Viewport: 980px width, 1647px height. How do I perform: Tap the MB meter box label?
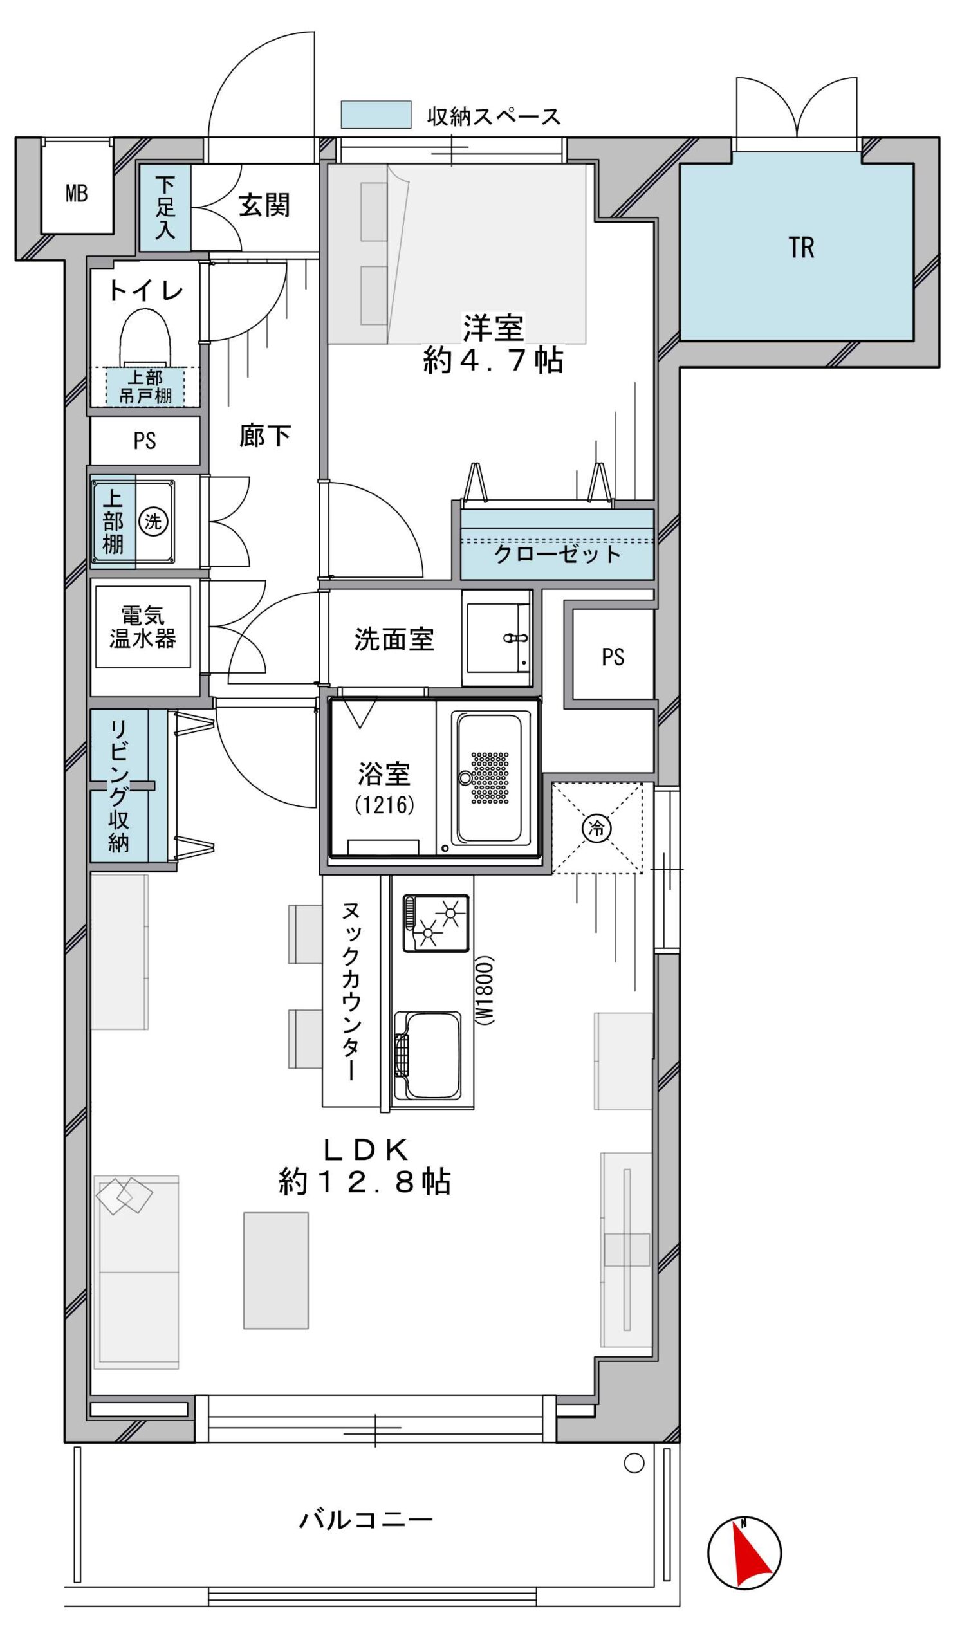(77, 194)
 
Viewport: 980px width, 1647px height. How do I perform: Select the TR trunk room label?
(801, 248)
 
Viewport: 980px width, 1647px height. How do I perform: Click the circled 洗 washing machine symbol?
(153, 522)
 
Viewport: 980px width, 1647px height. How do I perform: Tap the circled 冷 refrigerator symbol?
(597, 827)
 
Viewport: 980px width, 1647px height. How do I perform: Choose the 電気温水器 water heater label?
(143, 627)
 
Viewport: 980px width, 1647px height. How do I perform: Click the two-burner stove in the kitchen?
(436, 923)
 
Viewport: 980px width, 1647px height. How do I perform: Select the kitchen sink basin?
(428, 1058)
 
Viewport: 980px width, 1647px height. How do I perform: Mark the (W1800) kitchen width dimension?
(485, 989)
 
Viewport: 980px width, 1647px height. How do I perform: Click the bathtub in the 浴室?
(489, 778)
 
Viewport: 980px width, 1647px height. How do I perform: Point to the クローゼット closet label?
(558, 554)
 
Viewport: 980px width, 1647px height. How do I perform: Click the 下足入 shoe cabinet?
(165, 207)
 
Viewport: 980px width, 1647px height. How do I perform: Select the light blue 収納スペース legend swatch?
(376, 115)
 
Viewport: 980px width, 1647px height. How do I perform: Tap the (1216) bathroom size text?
(384, 805)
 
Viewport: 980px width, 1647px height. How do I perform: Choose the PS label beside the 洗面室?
(613, 657)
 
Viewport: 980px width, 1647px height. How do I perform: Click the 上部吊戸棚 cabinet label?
(145, 387)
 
